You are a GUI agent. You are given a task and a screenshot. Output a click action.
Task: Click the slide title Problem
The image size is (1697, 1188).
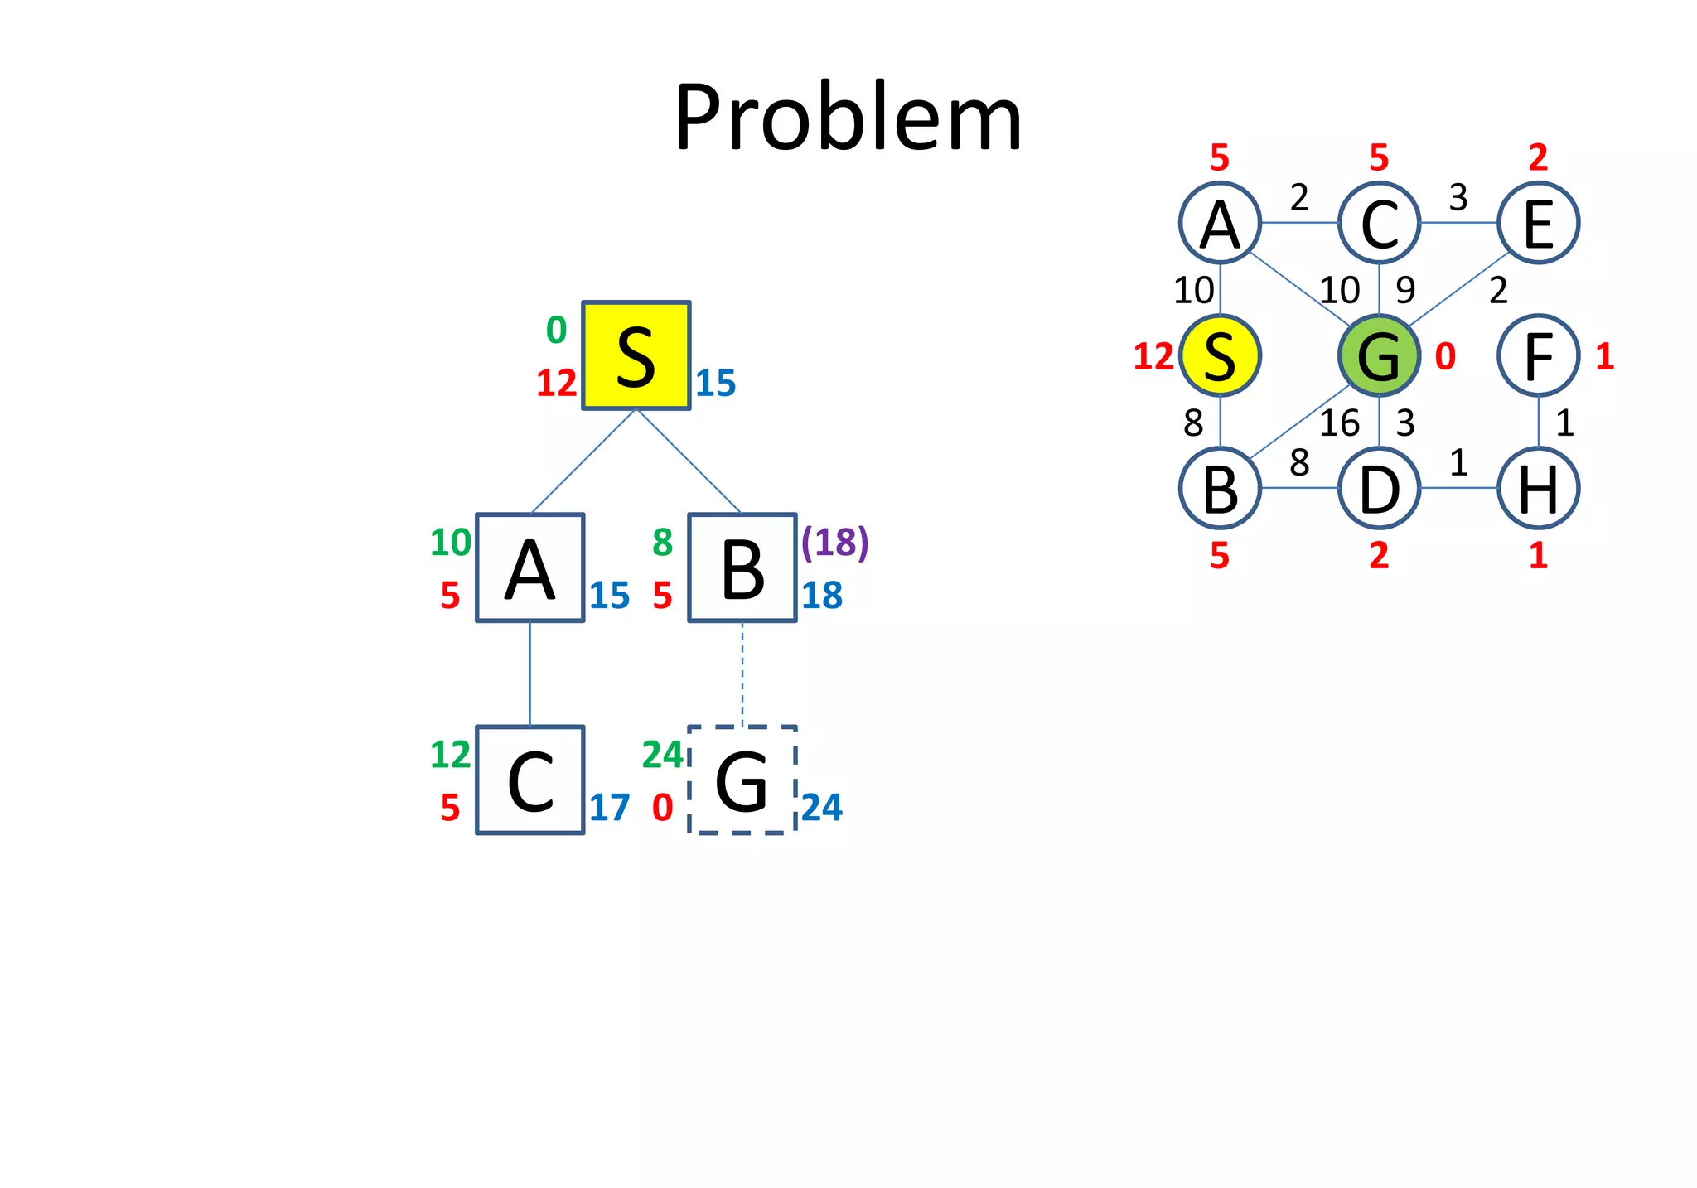click(848, 118)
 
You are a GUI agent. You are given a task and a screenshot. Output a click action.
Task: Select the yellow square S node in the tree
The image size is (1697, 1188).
click(636, 355)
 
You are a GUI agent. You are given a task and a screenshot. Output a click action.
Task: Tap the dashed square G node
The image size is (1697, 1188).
click(742, 780)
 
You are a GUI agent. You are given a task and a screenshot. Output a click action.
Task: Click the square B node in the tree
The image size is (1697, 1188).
click(742, 568)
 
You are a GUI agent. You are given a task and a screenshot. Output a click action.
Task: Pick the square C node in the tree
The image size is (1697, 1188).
click(529, 780)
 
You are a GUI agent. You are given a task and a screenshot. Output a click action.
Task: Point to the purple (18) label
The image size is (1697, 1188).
click(834, 542)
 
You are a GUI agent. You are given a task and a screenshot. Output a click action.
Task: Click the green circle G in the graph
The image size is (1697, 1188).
click(1379, 355)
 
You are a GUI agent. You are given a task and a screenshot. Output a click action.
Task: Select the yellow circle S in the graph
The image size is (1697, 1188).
click(1220, 355)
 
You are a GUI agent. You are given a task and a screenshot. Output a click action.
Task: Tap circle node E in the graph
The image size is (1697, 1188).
click(1538, 223)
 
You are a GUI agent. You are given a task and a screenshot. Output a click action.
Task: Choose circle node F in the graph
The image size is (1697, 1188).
click(1538, 355)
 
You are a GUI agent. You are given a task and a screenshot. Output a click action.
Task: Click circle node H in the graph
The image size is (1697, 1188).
click(1538, 488)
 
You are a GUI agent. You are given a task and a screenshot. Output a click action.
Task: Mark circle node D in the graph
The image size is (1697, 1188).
click(1379, 488)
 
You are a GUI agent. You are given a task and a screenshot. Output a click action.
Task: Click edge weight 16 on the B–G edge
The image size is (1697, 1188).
click(1339, 423)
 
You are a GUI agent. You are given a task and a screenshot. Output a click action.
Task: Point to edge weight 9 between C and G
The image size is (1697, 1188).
click(1405, 290)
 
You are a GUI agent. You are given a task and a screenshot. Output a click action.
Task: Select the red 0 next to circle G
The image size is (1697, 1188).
click(1445, 356)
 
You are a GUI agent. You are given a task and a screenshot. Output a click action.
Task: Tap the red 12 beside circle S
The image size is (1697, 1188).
click(1153, 356)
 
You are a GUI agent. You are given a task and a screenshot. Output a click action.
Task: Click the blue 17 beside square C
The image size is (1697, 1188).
click(609, 808)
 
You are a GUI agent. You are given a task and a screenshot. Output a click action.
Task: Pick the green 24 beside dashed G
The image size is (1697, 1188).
click(662, 755)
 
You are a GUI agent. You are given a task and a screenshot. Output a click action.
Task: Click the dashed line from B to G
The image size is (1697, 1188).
click(742, 674)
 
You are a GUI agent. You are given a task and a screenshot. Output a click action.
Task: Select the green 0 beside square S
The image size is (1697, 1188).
click(556, 331)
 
